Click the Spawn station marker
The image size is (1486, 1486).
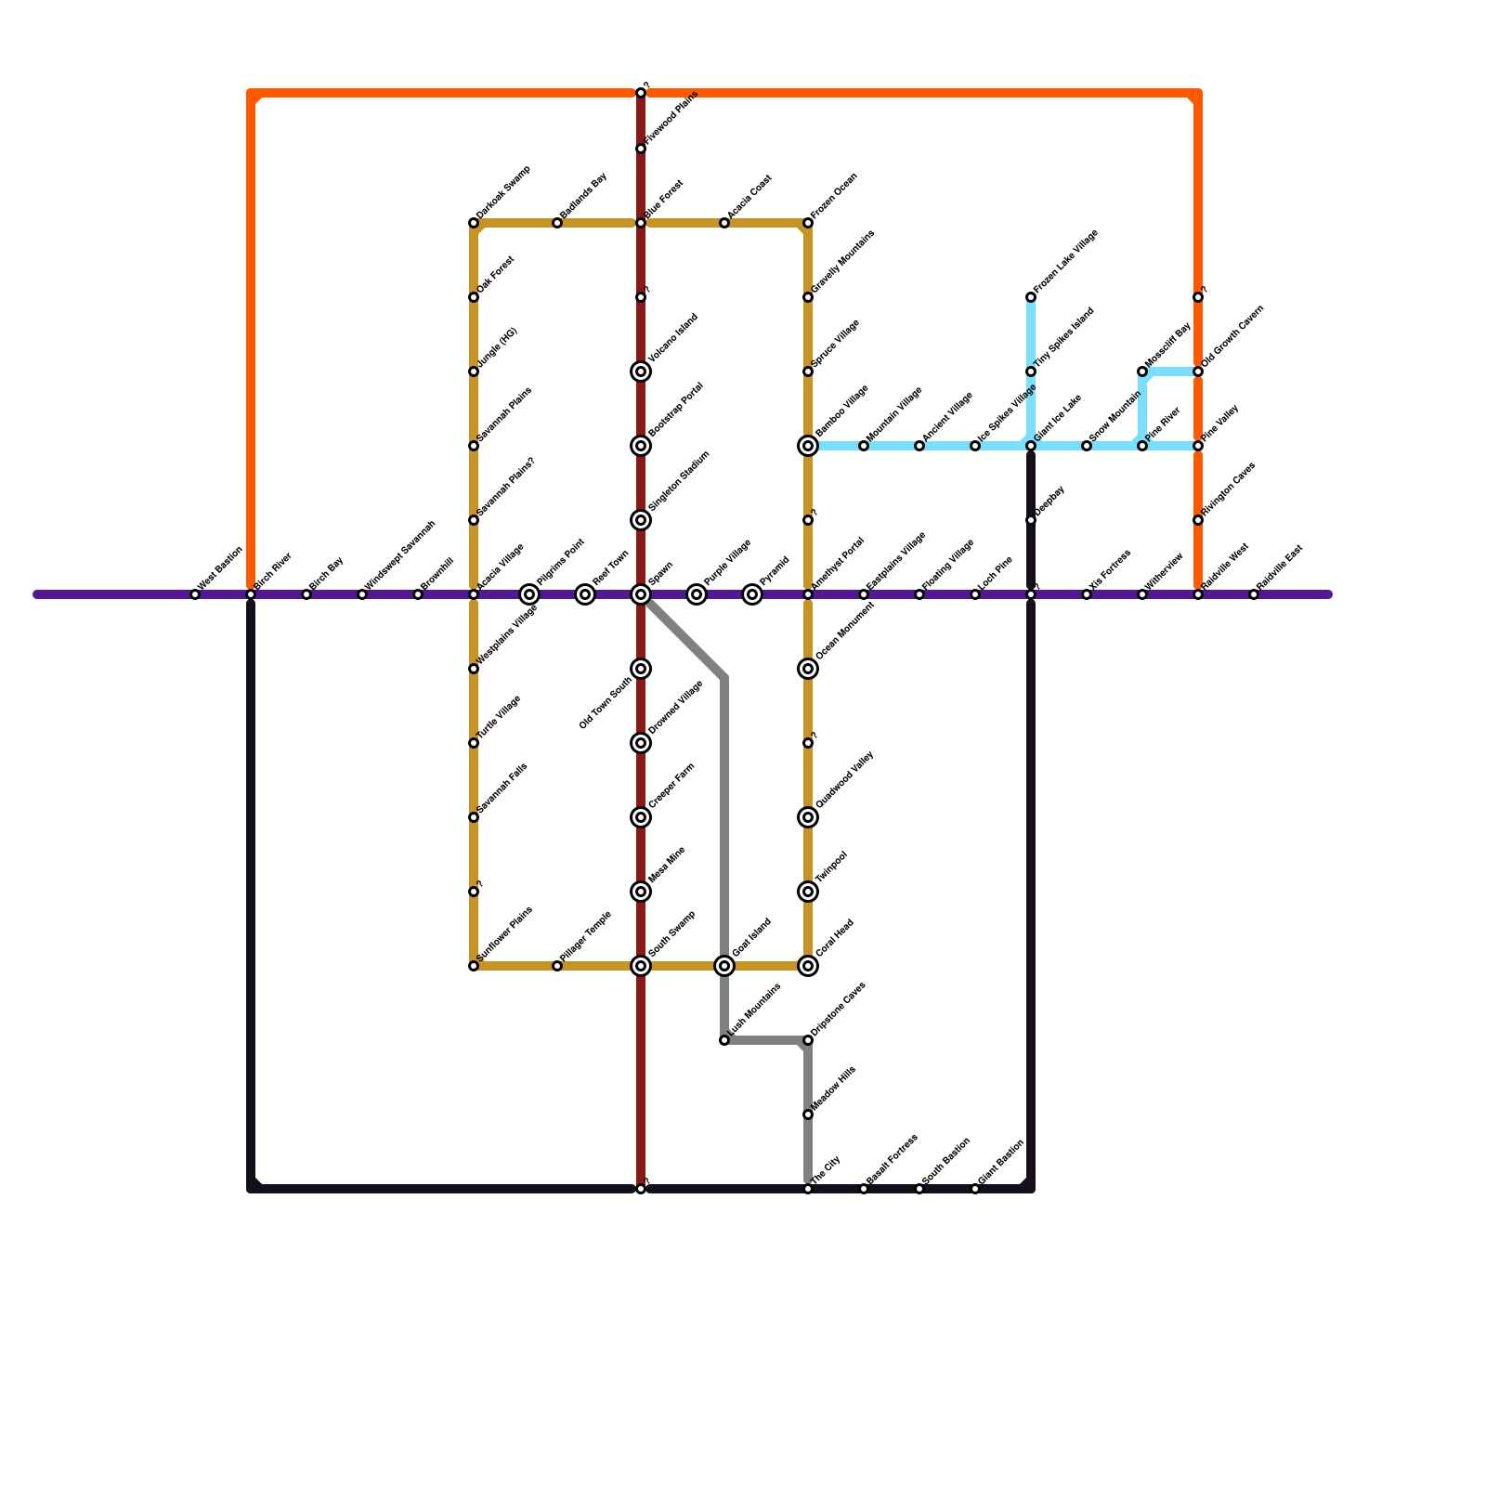tap(641, 594)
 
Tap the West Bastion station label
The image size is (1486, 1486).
tap(221, 567)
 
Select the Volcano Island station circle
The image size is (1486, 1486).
tap(641, 371)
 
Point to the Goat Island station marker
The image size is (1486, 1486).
tap(724, 966)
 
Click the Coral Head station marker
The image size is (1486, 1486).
tap(808, 966)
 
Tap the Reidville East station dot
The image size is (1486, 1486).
tap(1254, 594)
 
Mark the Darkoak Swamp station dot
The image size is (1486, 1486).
tap(474, 223)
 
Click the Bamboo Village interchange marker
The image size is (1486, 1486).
tap(808, 446)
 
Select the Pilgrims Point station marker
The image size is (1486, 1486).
tap(529, 594)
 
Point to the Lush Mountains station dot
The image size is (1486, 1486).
tap(724, 1040)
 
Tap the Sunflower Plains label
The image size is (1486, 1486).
tap(505, 933)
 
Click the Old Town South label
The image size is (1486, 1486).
tap(605, 703)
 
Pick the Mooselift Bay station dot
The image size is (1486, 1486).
tap(1142, 371)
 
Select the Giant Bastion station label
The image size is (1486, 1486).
tap(1001, 1162)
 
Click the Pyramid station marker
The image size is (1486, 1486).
tap(752, 594)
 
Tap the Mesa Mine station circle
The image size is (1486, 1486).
tap(641, 892)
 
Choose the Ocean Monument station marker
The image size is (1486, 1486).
tap(808, 669)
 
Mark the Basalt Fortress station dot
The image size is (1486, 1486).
tap(864, 1189)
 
